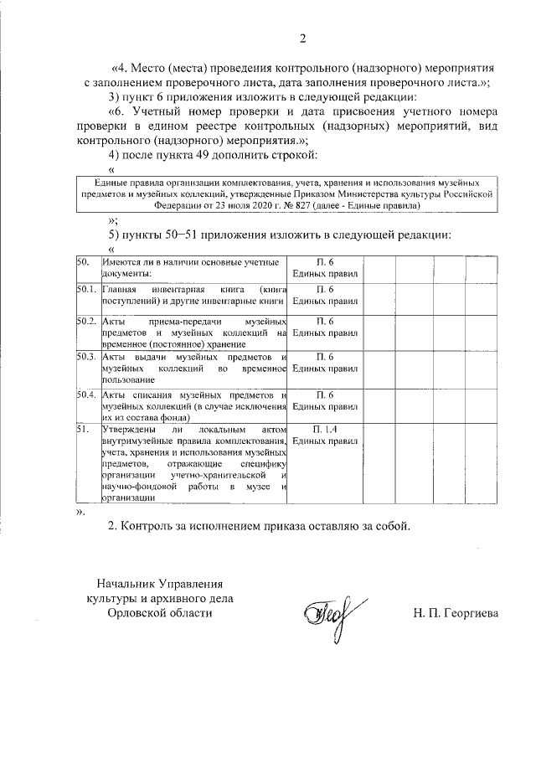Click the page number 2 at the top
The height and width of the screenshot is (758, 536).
[303, 38]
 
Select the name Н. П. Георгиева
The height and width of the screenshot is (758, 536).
[456, 613]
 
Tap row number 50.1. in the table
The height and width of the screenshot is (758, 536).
[85, 290]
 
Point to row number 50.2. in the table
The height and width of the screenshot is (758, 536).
[85, 322]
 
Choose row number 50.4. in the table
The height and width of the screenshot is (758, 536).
[85, 395]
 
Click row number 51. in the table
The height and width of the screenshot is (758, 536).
[82, 428]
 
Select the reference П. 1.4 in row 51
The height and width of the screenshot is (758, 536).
[325, 428]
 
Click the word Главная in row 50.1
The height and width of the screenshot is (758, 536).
[118, 290]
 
